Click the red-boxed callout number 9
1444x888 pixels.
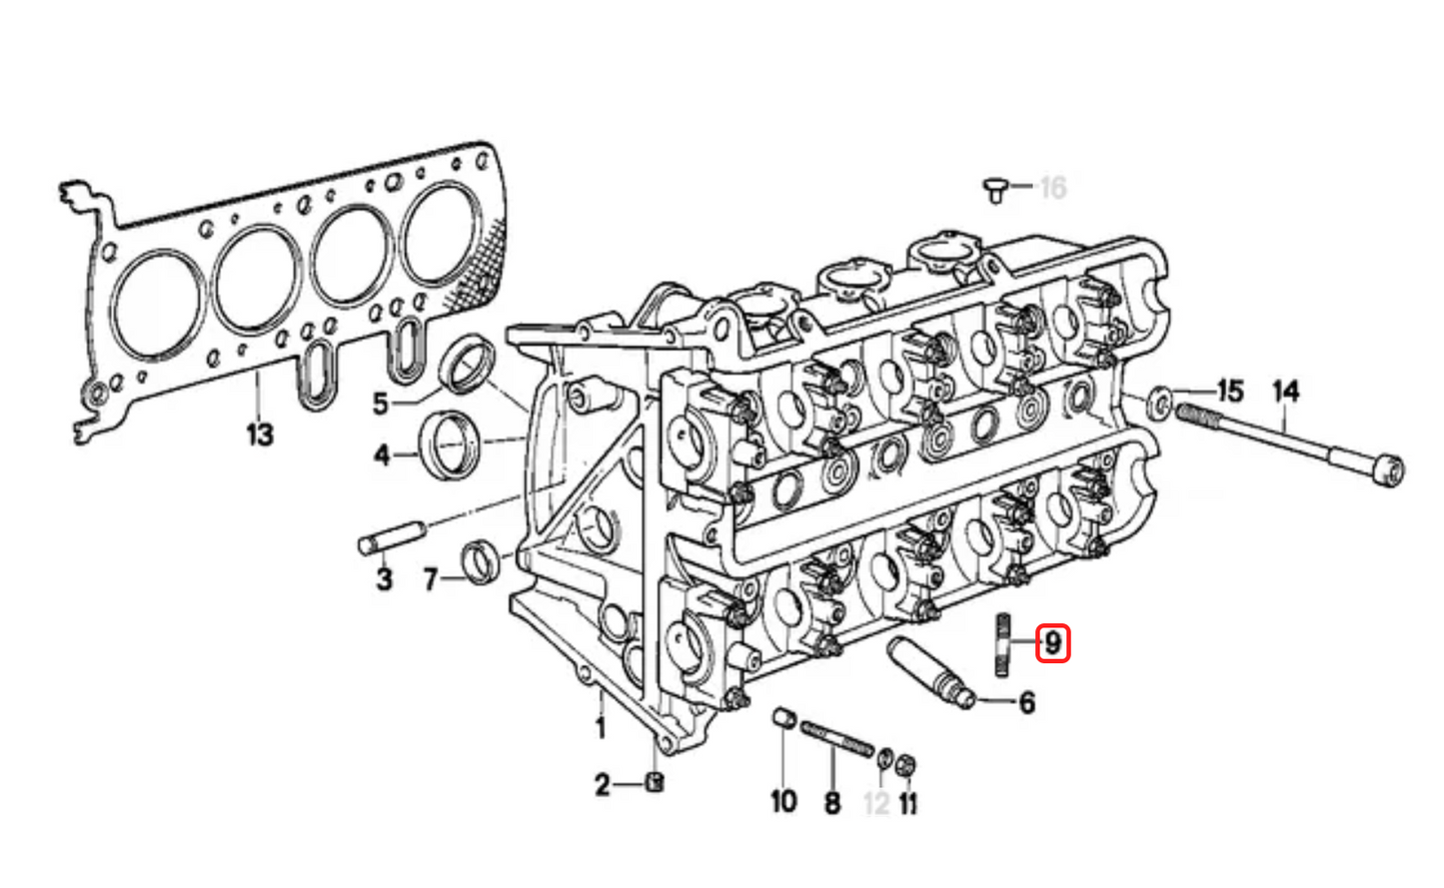pyautogui.click(x=1052, y=643)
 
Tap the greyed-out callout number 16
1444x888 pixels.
pyautogui.click(x=1053, y=188)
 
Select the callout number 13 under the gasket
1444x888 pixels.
pyautogui.click(x=260, y=435)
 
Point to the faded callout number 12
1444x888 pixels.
pyautogui.click(x=876, y=803)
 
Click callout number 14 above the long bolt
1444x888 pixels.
pyautogui.click(x=1286, y=392)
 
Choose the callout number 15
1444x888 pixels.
pyautogui.click(x=1230, y=392)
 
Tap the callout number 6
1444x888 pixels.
pyautogui.click(x=1027, y=702)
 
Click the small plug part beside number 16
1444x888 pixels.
pyautogui.click(x=995, y=191)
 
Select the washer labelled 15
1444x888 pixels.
pyautogui.click(x=1160, y=404)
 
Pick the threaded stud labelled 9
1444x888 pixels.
pyautogui.click(x=1003, y=644)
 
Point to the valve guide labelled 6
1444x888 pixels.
pyautogui.click(x=931, y=673)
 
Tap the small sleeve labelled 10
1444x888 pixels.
pyautogui.click(x=783, y=718)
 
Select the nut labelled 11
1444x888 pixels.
pyautogui.click(x=906, y=764)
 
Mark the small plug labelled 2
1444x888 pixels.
pyautogui.click(x=655, y=783)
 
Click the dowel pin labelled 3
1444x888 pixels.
pyautogui.click(x=392, y=537)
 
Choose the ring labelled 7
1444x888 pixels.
pyautogui.click(x=481, y=562)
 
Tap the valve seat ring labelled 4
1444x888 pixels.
pyautogui.click(x=450, y=445)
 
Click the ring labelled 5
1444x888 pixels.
pyautogui.click(x=468, y=365)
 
